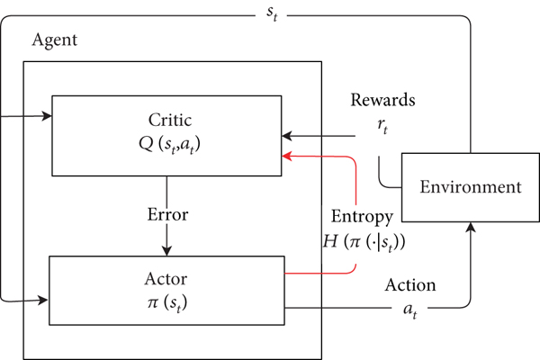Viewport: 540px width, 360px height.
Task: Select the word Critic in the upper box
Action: pyautogui.click(x=166, y=120)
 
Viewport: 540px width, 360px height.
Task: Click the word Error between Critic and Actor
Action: pyautogui.click(x=166, y=216)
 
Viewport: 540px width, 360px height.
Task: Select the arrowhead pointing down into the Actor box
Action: pyautogui.click(x=166, y=249)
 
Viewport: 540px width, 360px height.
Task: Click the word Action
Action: pyautogui.click(x=410, y=285)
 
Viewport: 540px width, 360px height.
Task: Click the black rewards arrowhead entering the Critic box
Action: pyautogui.click(x=286, y=137)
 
